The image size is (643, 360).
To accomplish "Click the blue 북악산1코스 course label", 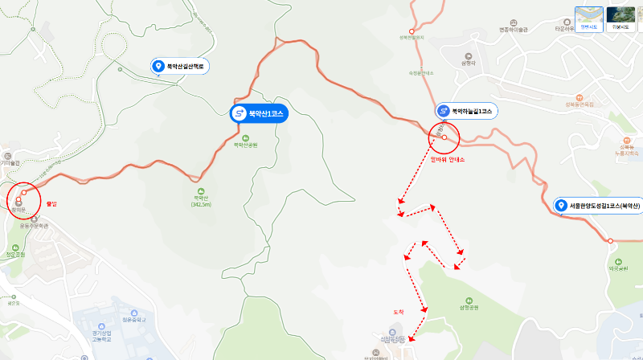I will click(258, 114).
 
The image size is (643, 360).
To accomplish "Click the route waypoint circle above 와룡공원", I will click(610, 240).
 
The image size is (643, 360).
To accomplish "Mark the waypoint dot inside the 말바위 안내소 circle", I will click(444, 137).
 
